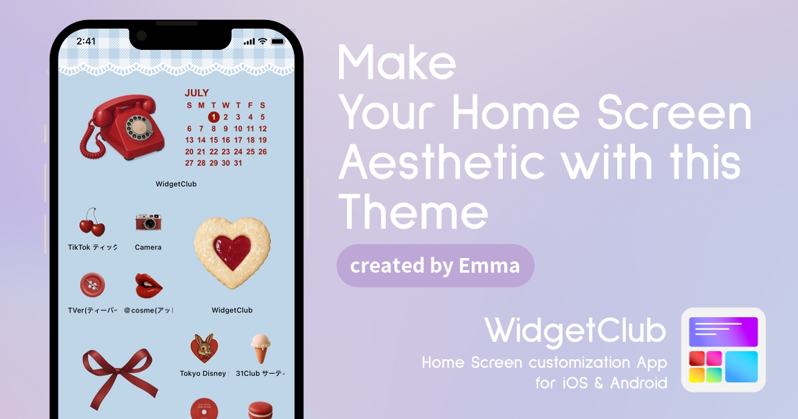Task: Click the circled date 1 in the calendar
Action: pyautogui.click(x=213, y=117)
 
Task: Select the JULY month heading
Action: pyautogui.click(x=197, y=93)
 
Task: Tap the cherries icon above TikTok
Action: pyautogui.click(x=92, y=222)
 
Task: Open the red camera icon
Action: pyautogui.click(x=148, y=222)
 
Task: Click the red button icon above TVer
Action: pyautogui.click(x=92, y=285)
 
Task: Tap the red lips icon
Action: pyautogui.click(x=148, y=286)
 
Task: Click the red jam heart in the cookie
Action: pyautogui.click(x=232, y=252)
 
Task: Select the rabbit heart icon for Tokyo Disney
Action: pyautogui.click(x=204, y=348)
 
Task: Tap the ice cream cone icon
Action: pyautogui.click(x=261, y=348)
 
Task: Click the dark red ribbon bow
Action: pyautogui.click(x=119, y=377)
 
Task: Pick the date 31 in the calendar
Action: pyautogui.click(x=238, y=163)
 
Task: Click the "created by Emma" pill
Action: pyautogui.click(x=435, y=266)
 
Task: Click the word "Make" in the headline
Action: pyautogui.click(x=396, y=63)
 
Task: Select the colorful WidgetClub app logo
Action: pyautogui.click(x=724, y=350)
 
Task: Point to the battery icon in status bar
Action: pyautogui.click(x=278, y=42)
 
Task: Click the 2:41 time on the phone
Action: pyautogui.click(x=86, y=41)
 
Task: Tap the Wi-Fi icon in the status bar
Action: pyautogui.click(x=263, y=41)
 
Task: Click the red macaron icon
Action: pyautogui.click(x=261, y=410)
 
